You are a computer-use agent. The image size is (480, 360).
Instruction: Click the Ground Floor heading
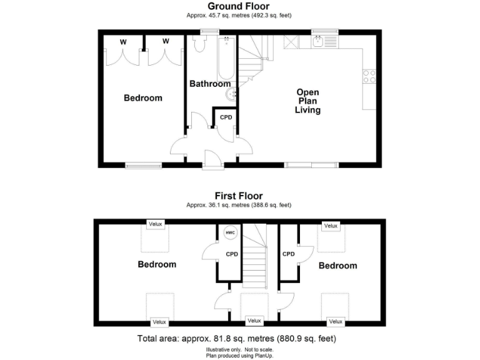pos(239,6)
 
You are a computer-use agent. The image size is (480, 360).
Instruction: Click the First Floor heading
pos(239,196)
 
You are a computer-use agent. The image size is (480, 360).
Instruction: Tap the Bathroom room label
pos(210,84)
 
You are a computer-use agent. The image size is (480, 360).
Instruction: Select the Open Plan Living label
pos(308,101)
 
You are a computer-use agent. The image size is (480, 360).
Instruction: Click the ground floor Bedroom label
pos(142,97)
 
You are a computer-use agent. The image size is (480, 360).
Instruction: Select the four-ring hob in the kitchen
pos(369,76)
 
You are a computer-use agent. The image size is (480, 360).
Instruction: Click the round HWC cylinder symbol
pos(229,232)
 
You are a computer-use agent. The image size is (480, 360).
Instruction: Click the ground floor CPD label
pos(226,117)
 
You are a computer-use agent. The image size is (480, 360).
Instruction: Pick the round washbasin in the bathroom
pos(232,94)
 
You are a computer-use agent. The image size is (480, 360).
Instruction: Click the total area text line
pos(237,339)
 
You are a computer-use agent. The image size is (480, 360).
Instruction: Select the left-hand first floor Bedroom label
pos(157,264)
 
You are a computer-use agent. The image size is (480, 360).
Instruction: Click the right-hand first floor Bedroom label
pos(338,266)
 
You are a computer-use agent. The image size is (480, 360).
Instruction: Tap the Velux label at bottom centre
pos(254,321)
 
